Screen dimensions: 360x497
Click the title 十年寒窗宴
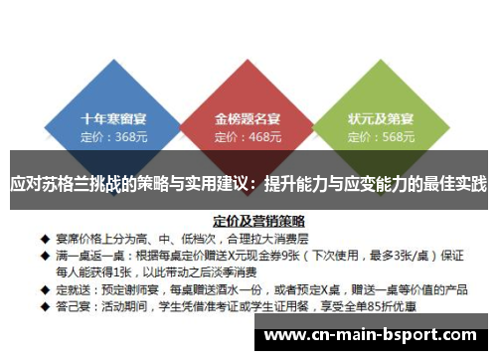click(x=114, y=116)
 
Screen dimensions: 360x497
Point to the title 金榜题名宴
click(x=248, y=116)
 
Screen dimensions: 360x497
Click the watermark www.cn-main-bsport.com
click(x=375, y=335)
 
